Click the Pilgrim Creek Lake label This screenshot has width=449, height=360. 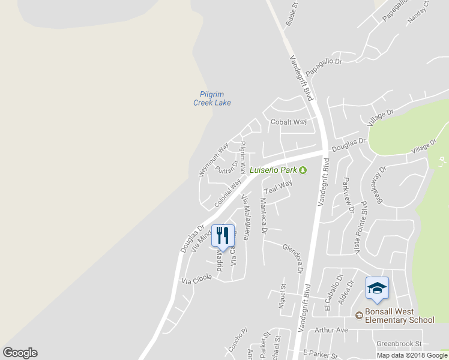coord(212,98)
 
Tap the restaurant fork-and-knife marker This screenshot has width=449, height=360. coord(222,235)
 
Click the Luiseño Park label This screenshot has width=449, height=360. coord(274,170)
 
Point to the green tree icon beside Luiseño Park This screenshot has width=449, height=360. coord(303,170)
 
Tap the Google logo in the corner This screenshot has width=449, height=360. coord(20,353)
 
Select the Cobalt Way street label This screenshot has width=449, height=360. coord(289,122)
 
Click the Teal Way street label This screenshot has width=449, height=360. coord(279,187)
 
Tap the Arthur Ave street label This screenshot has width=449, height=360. coord(331,330)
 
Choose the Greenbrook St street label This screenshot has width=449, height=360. coord(399,344)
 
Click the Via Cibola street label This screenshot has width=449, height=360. coord(196,280)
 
